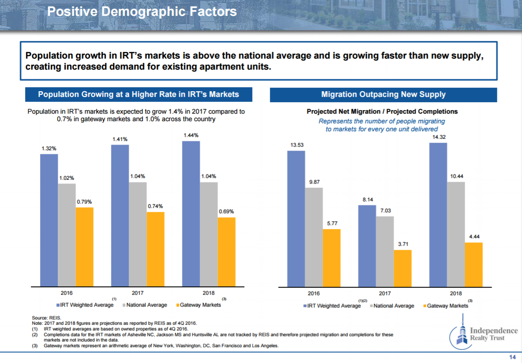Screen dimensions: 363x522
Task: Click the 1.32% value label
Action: [x=49, y=149]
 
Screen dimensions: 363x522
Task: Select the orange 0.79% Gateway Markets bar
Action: [x=84, y=247]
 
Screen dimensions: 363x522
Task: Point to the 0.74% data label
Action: [x=155, y=206]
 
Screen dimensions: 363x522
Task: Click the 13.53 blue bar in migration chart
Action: [x=296, y=219]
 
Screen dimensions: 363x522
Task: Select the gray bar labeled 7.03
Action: [x=385, y=251]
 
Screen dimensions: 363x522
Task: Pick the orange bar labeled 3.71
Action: [x=403, y=268]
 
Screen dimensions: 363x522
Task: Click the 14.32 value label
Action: [x=438, y=137]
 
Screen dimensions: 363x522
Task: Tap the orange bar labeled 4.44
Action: [x=474, y=264]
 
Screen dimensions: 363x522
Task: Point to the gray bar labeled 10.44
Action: [x=456, y=234]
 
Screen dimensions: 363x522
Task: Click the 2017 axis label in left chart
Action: [x=138, y=293]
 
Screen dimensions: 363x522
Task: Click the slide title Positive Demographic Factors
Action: [x=142, y=11]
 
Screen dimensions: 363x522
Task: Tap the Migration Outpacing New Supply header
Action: [x=383, y=94]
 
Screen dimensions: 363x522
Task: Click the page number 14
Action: [x=512, y=357]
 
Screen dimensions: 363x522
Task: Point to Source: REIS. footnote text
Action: [x=47, y=318]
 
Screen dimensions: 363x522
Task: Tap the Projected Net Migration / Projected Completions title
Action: [x=382, y=111]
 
